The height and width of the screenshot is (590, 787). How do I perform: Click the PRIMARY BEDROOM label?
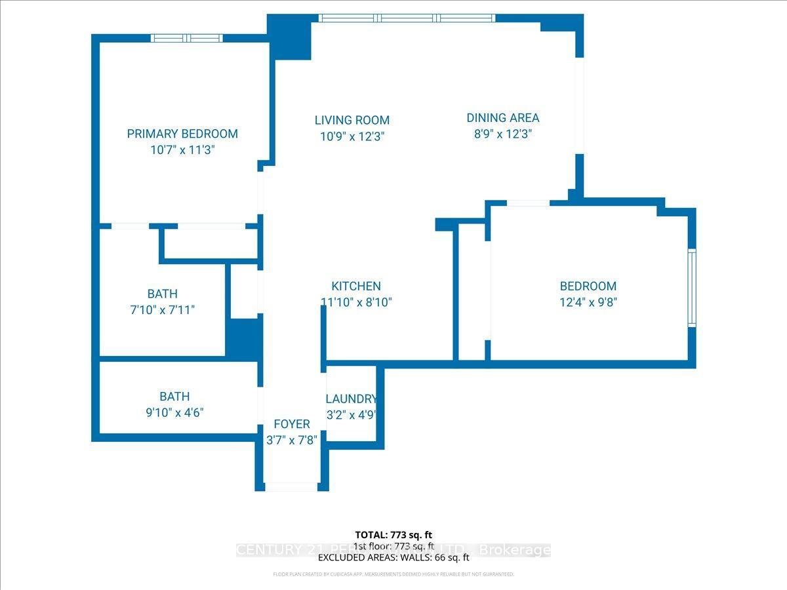pyautogui.click(x=182, y=134)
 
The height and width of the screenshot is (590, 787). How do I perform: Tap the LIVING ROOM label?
pyautogui.click(x=352, y=120)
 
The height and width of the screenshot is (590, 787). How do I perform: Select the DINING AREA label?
pyautogui.click(x=503, y=118)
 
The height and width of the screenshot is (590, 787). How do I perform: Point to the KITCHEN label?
pyautogui.click(x=356, y=286)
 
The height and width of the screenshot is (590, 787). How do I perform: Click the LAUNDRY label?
pyautogui.click(x=352, y=399)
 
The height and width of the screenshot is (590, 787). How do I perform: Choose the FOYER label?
pyautogui.click(x=292, y=424)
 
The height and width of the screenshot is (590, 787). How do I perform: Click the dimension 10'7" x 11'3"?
pyautogui.click(x=182, y=150)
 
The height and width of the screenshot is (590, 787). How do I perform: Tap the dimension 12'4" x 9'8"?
pyautogui.click(x=588, y=302)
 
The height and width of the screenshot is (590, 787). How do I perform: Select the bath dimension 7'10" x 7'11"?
pyautogui.click(x=163, y=310)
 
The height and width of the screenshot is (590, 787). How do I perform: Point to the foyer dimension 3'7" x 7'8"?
pyautogui.click(x=292, y=440)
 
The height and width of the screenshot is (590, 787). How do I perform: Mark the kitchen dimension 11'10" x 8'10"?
pyautogui.click(x=356, y=302)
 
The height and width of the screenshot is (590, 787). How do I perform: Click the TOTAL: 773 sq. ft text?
pyautogui.click(x=393, y=535)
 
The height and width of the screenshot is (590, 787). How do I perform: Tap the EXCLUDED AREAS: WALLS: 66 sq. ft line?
pyautogui.click(x=393, y=558)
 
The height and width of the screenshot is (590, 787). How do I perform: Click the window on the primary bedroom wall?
pyautogui.click(x=187, y=38)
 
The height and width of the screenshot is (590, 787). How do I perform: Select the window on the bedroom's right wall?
pyautogui.click(x=691, y=286)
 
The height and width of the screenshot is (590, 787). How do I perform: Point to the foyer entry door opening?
pyautogui.click(x=291, y=486)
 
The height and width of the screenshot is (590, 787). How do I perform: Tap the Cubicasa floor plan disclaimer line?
pyautogui.click(x=393, y=574)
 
